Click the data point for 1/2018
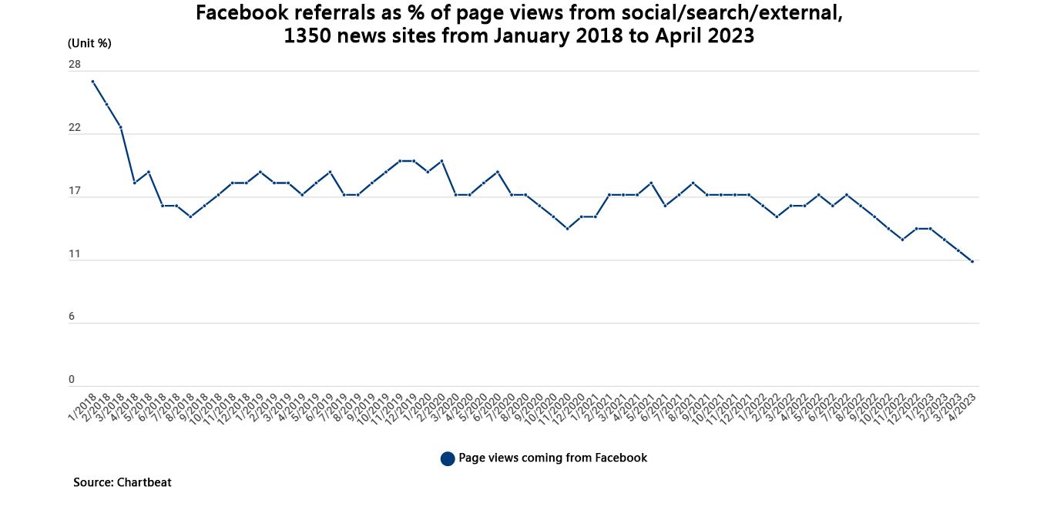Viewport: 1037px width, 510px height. click(x=92, y=82)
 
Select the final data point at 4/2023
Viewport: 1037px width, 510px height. click(x=972, y=262)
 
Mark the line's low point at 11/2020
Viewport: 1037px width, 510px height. click(x=568, y=229)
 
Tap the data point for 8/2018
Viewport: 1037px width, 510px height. click(x=190, y=216)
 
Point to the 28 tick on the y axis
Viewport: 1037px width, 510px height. click(x=75, y=65)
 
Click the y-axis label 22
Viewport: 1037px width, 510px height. click(x=75, y=128)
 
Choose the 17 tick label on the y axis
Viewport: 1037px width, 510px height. click(x=75, y=191)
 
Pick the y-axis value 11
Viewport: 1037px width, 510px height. click(x=75, y=254)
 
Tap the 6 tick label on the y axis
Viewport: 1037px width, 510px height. click(x=72, y=317)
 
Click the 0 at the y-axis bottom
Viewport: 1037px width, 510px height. click(x=72, y=380)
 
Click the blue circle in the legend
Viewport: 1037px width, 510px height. click(x=448, y=459)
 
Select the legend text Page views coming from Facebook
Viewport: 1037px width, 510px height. click(x=553, y=458)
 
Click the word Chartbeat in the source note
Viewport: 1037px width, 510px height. click(x=144, y=483)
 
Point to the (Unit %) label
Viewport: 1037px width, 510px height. click(x=89, y=43)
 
